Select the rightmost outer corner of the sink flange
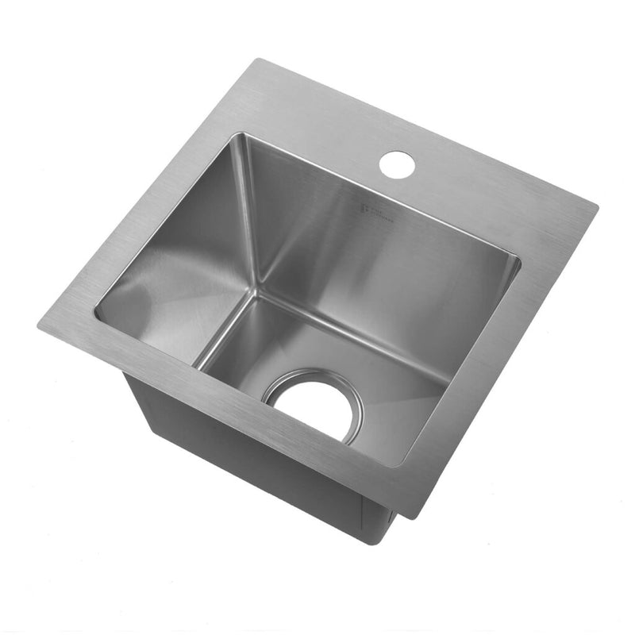click(596, 209)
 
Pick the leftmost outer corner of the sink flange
click(38, 327)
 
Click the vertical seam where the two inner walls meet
click(250, 214)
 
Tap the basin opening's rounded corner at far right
click(518, 262)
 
